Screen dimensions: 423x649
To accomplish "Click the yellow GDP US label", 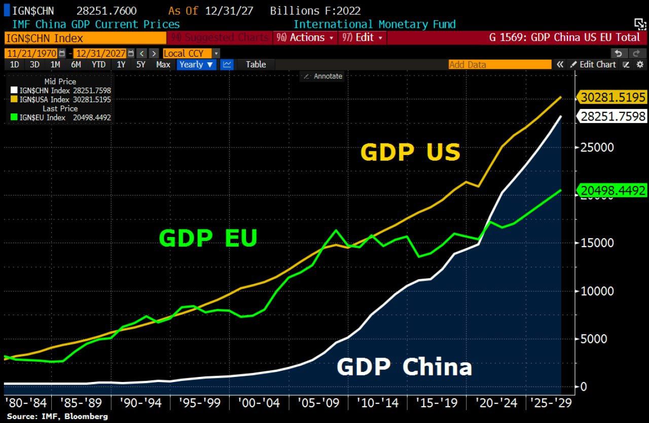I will (x=410, y=152).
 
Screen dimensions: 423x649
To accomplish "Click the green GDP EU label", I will (x=208, y=238).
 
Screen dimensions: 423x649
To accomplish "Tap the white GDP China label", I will (x=404, y=367).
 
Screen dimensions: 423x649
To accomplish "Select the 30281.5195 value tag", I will (x=614, y=97).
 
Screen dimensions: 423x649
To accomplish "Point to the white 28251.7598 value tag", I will (x=614, y=116).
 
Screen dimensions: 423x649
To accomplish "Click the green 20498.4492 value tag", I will (x=614, y=190).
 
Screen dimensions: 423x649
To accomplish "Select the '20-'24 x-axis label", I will (x=496, y=403).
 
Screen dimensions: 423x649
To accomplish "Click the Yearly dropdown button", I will (x=197, y=64).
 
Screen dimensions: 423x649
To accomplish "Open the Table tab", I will (x=256, y=64).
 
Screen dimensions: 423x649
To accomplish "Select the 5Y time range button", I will (x=140, y=64).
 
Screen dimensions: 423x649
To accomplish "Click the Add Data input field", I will (x=499, y=64).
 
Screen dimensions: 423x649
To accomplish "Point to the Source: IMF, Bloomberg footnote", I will (x=57, y=416).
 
